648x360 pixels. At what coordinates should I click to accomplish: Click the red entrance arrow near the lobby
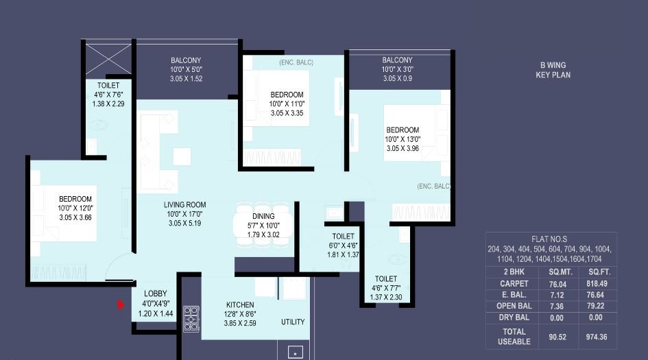click(121, 304)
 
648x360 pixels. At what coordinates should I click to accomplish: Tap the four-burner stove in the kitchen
click(191, 318)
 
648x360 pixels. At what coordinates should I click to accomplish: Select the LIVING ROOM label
click(184, 205)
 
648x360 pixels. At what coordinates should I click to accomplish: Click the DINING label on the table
click(263, 216)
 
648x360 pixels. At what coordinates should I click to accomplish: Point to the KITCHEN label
click(240, 305)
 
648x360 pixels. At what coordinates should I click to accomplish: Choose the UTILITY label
click(293, 322)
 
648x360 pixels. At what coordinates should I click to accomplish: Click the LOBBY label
click(154, 293)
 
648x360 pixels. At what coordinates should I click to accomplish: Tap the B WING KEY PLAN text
click(553, 70)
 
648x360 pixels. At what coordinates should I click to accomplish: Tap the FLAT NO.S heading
click(550, 239)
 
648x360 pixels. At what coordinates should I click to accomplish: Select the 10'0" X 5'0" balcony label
click(186, 70)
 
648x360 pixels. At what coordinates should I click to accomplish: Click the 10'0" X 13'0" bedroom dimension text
click(403, 139)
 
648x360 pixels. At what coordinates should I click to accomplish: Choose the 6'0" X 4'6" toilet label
click(343, 245)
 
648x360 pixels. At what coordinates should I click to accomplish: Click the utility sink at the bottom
click(295, 352)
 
